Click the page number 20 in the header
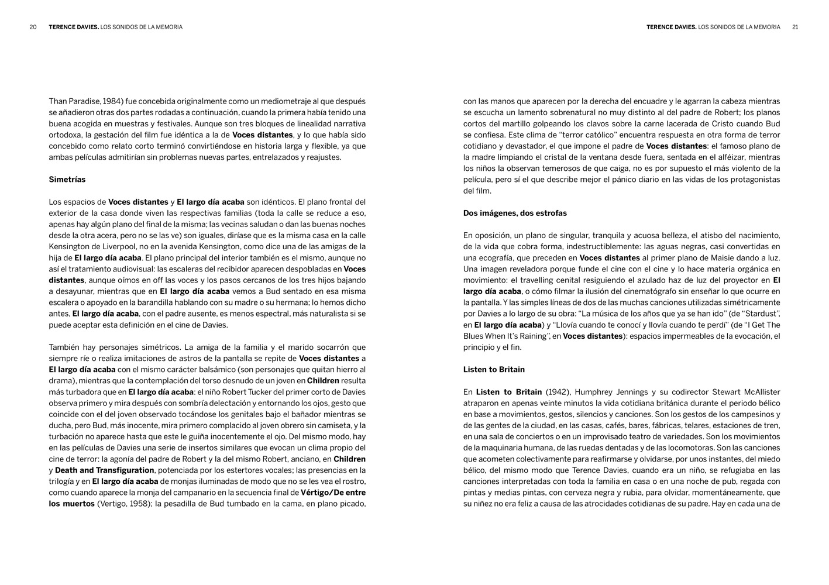click(x=33, y=27)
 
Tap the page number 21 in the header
click(x=795, y=27)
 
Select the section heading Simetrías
click(x=67, y=180)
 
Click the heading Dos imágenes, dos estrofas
click(x=515, y=213)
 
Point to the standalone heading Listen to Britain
click(x=494, y=370)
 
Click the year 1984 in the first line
click(x=111, y=101)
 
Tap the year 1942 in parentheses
click(x=558, y=392)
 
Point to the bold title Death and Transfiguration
click(x=104, y=470)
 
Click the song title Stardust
click(x=761, y=314)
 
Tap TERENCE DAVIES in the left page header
click(x=74, y=27)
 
